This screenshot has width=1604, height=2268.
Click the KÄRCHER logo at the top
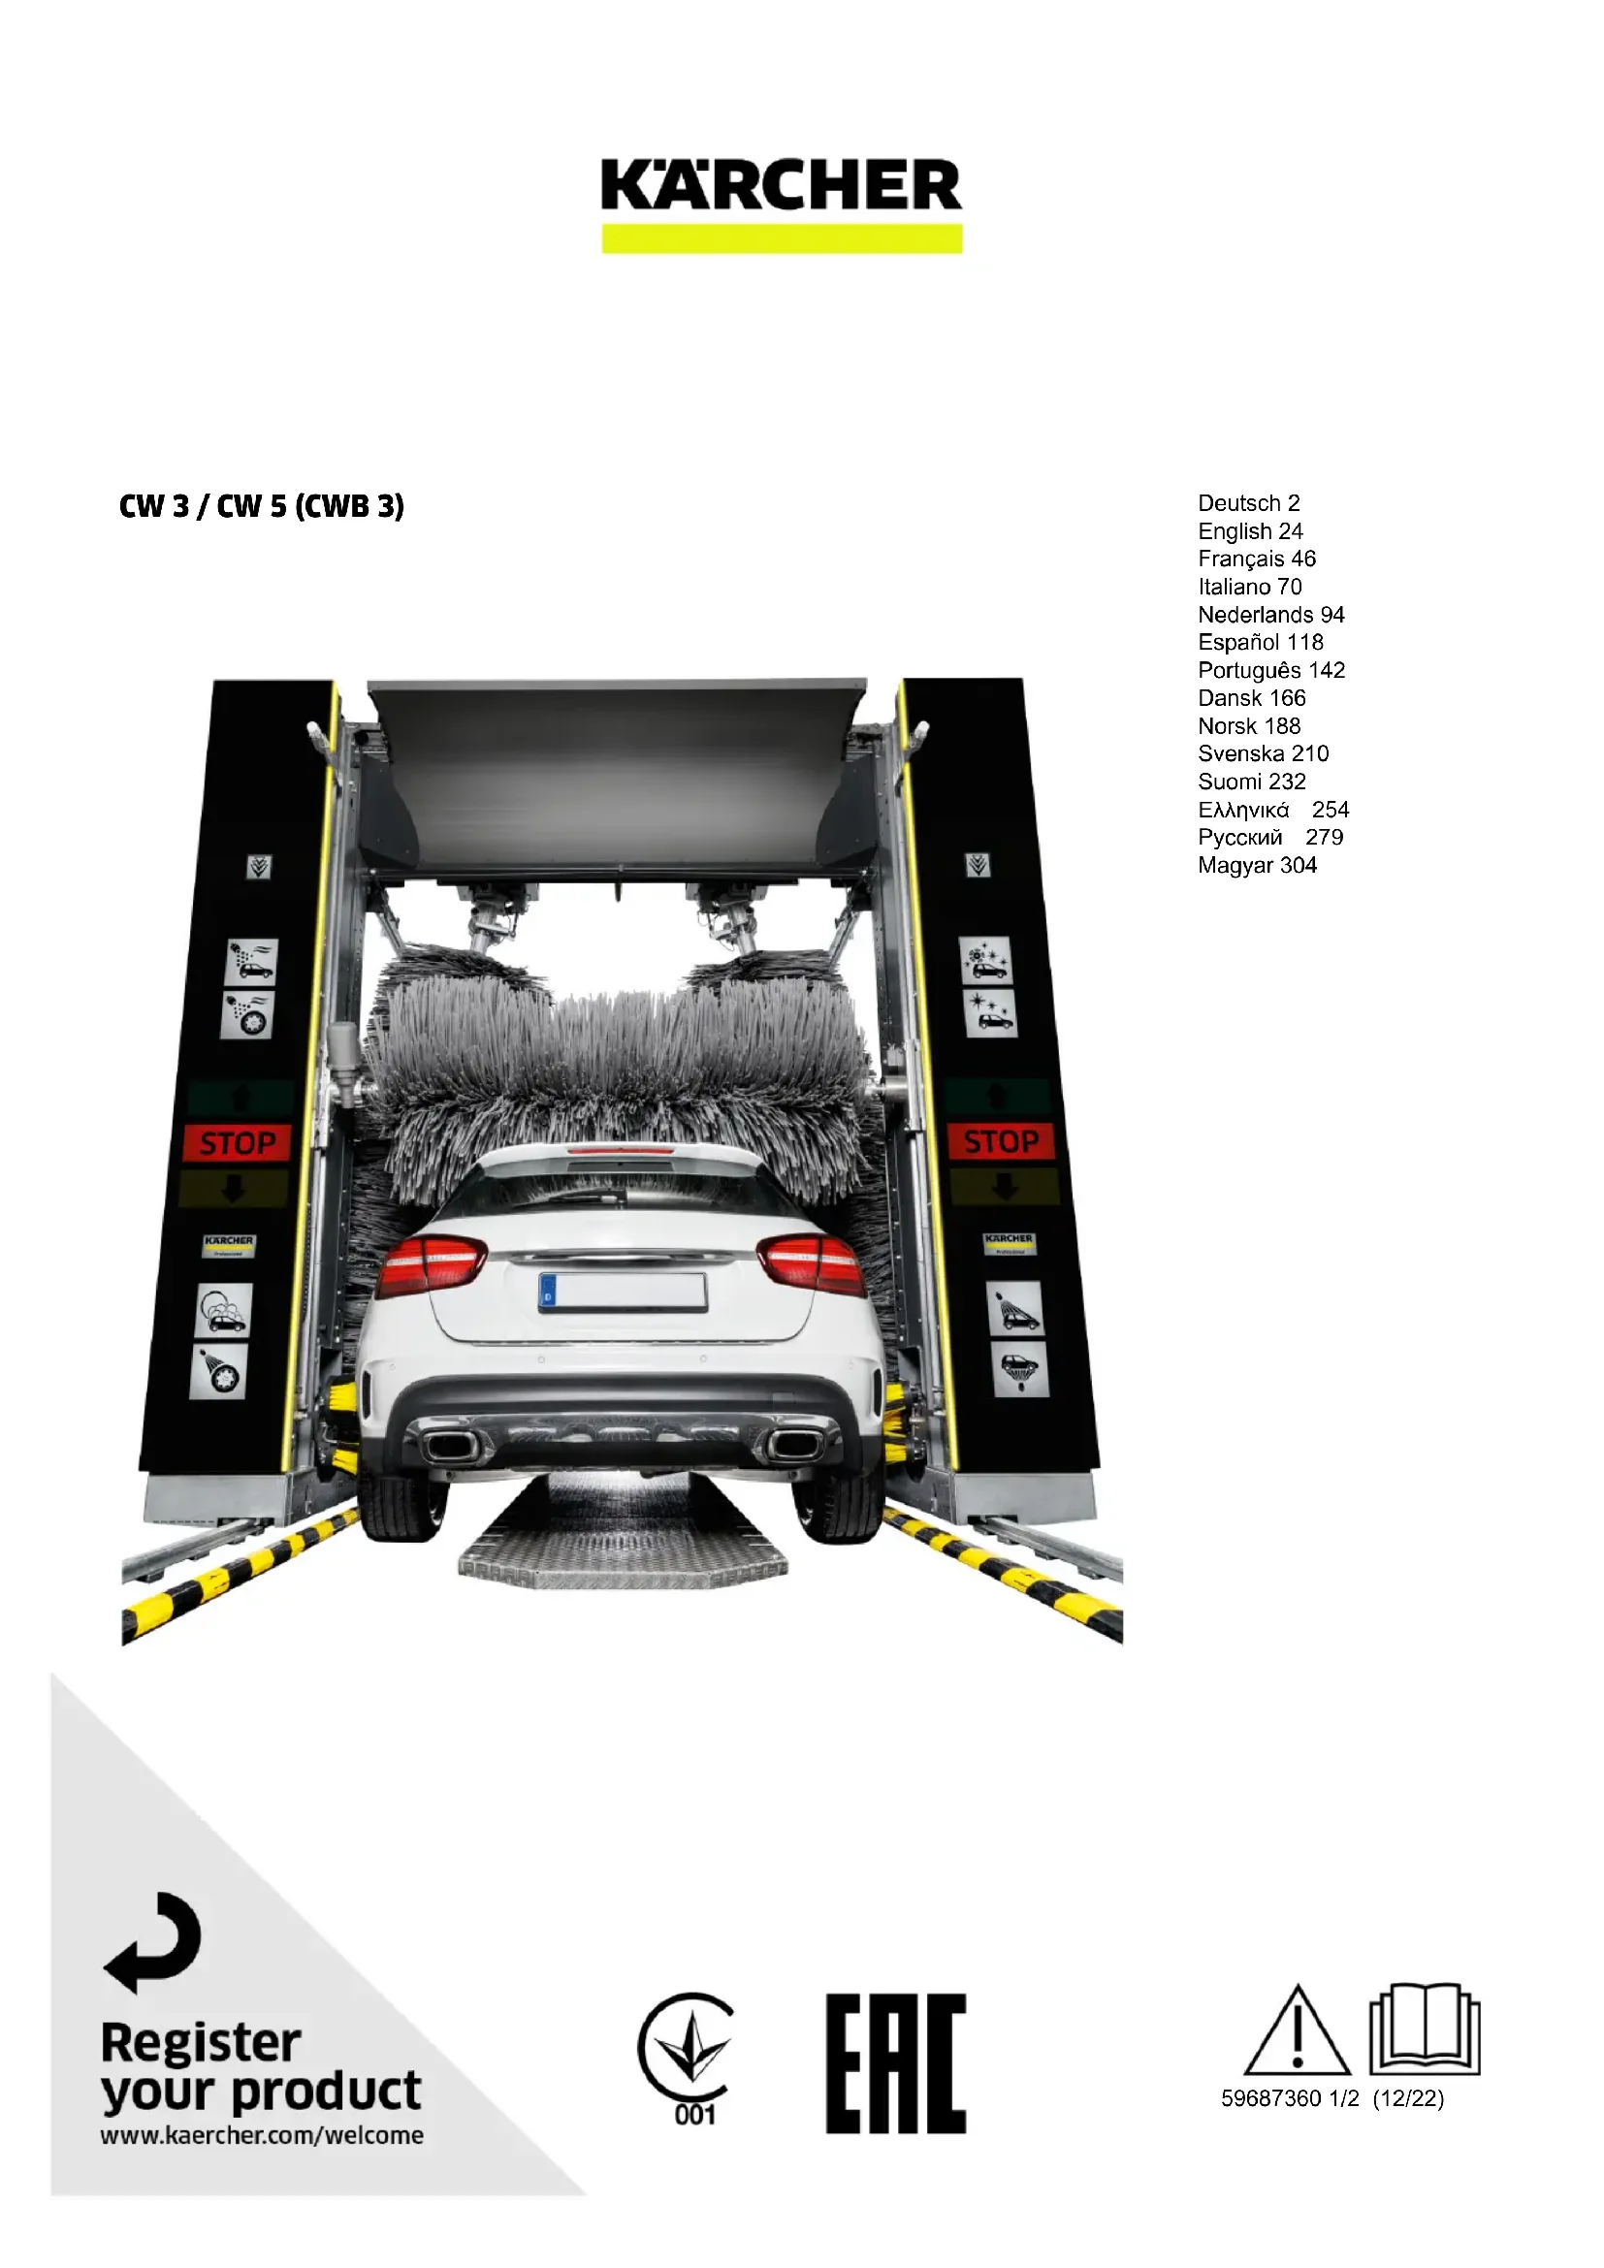pos(782,186)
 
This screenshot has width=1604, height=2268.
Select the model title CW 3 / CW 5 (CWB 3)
pos(262,506)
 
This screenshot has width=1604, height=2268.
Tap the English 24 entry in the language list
pos(1250,531)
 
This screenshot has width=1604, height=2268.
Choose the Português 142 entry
pos(1271,670)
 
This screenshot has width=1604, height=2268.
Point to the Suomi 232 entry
pos(1251,782)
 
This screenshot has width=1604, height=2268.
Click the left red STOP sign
pos(237,1143)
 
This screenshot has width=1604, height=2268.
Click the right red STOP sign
pos(1001,1141)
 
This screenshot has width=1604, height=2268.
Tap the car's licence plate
pos(623,1292)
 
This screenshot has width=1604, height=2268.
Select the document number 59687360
pos(1270,2098)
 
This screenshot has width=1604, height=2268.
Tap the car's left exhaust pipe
pos(450,1446)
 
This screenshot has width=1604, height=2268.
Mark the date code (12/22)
pos(1407,2098)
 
